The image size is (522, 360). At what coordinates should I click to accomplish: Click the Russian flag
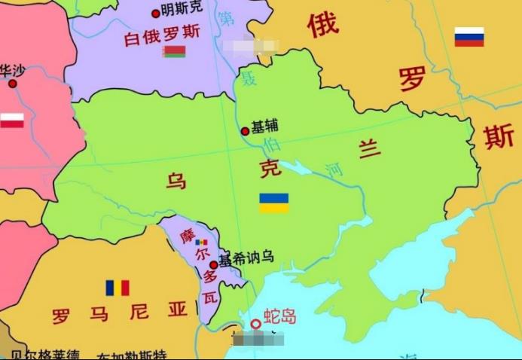point(469,37)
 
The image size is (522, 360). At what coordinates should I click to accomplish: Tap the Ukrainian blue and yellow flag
point(274,203)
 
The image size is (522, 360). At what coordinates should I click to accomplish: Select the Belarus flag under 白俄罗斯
point(174,51)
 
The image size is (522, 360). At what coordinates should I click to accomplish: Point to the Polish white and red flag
point(11,120)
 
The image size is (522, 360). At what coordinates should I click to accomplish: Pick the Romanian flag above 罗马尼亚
point(117,288)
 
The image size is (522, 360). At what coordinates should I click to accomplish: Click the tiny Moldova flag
point(201,243)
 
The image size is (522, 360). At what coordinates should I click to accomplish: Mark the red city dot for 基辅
point(245,131)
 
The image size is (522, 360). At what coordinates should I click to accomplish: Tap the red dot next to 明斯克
point(156,13)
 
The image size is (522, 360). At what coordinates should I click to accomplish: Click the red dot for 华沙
point(12,84)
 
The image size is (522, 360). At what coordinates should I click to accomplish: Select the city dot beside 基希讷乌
point(213,264)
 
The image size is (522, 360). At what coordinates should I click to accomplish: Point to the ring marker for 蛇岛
point(256,324)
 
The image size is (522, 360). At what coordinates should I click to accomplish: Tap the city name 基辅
point(264,126)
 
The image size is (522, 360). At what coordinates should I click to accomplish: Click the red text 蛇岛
point(279,316)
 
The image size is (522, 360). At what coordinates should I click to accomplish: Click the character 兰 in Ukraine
point(369,149)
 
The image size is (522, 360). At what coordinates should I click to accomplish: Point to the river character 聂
point(249,78)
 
